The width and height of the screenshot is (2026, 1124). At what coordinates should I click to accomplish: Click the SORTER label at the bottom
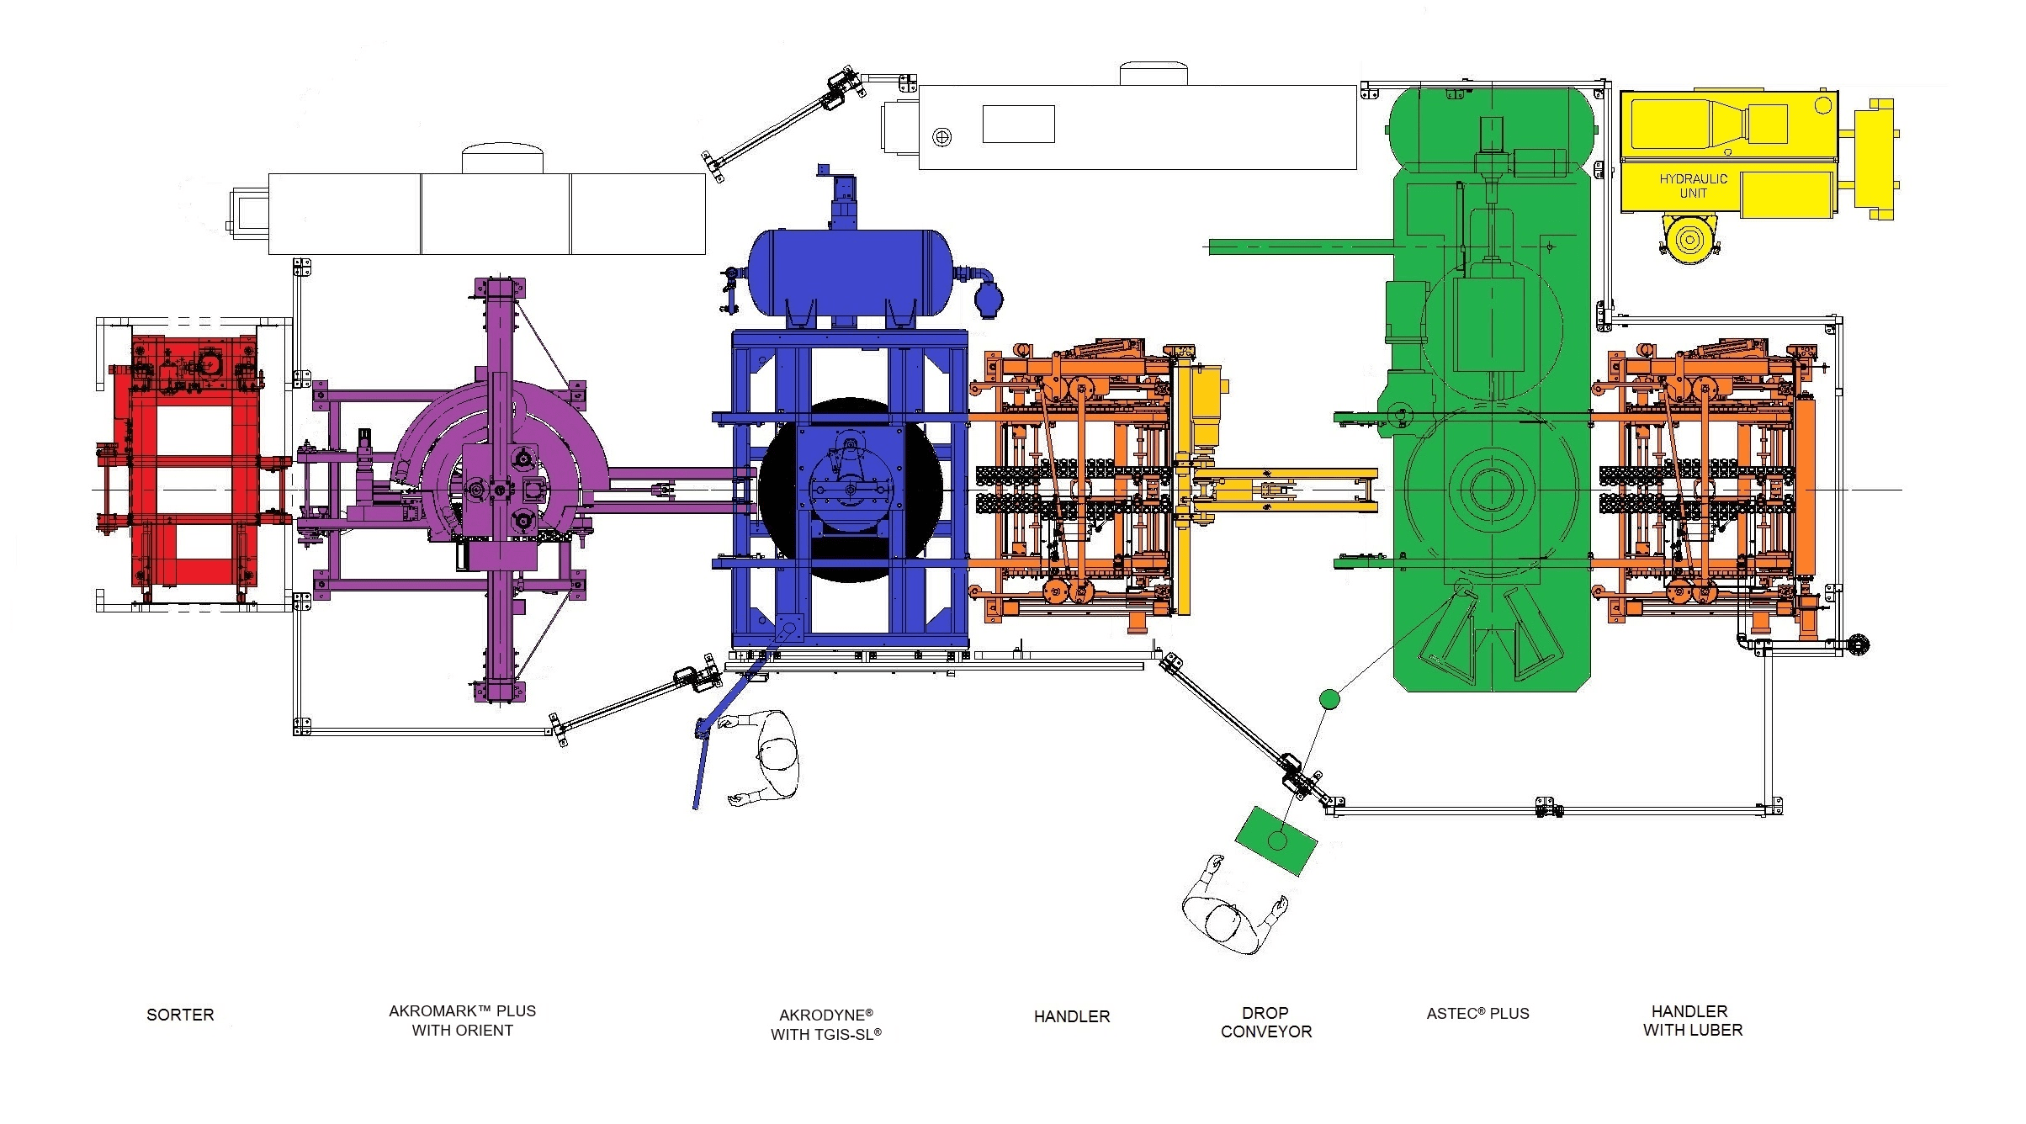pyautogui.click(x=180, y=1015)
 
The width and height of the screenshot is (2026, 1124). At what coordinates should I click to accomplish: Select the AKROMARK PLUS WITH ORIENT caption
pyautogui.click(x=462, y=1021)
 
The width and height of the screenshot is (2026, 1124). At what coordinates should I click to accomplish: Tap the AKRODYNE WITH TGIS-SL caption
pyautogui.click(x=825, y=1025)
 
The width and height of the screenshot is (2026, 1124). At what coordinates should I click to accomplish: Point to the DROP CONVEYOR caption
pyautogui.click(x=1265, y=1022)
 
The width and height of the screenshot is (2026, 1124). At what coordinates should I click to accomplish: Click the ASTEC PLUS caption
pyautogui.click(x=1477, y=1014)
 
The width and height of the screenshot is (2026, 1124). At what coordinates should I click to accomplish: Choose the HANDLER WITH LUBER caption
pyautogui.click(x=1692, y=1021)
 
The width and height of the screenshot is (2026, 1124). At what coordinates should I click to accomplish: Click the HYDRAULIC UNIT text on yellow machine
pyautogui.click(x=1693, y=186)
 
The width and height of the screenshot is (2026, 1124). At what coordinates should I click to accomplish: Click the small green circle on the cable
pyautogui.click(x=1329, y=698)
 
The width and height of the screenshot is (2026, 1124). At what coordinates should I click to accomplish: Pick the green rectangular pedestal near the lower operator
pyautogui.click(x=1276, y=840)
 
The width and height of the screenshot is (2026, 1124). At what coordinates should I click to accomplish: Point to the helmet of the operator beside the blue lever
pyautogui.click(x=777, y=753)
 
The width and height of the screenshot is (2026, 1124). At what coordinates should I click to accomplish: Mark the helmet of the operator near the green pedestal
pyautogui.click(x=1225, y=921)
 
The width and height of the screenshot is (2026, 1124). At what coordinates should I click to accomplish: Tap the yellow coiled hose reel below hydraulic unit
pyautogui.click(x=1689, y=239)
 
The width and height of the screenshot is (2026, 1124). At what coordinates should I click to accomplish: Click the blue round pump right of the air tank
pyautogui.click(x=989, y=300)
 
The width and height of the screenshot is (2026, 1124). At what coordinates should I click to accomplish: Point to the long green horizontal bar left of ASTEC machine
pyautogui.click(x=1300, y=247)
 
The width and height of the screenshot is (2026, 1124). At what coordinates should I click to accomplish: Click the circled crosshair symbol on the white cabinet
pyautogui.click(x=942, y=136)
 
